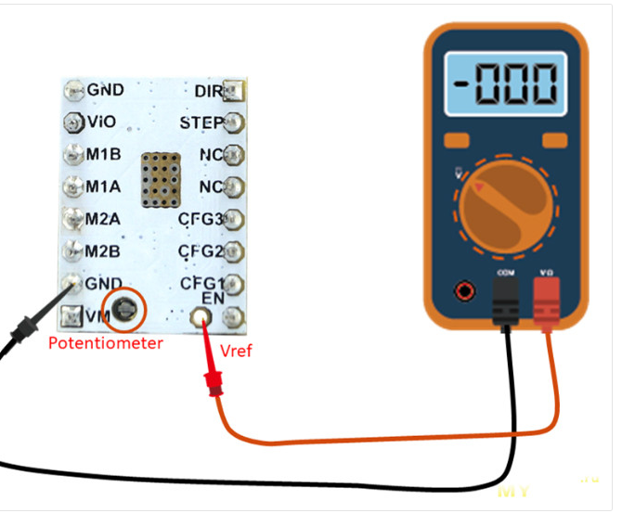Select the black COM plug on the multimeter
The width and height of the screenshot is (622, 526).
[x=505, y=297]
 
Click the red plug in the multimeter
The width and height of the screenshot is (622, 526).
[x=547, y=297]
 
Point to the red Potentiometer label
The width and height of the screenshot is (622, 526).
[x=105, y=343]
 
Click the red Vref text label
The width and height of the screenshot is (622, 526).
[x=236, y=351]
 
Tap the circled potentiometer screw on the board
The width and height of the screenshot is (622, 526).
[x=123, y=309]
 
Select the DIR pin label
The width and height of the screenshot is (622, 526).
[x=208, y=91]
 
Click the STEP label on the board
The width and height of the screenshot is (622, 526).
[x=201, y=122]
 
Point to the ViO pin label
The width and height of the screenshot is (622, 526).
[x=102, y=122]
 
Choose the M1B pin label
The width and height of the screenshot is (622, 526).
[x=103, y=154]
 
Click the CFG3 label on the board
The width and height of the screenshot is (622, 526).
[x=201, y=219]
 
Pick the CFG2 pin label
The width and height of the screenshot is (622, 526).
[x=201, y=250]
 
